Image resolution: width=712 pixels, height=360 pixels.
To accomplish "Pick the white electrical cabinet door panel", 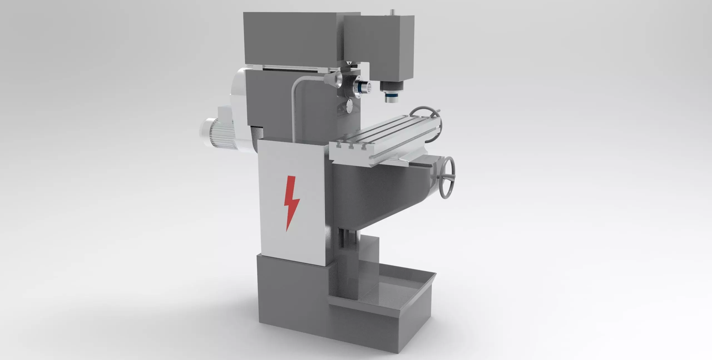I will (x=292, y=206).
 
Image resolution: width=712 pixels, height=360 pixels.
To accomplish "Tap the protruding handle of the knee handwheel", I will (x=452, y=185).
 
